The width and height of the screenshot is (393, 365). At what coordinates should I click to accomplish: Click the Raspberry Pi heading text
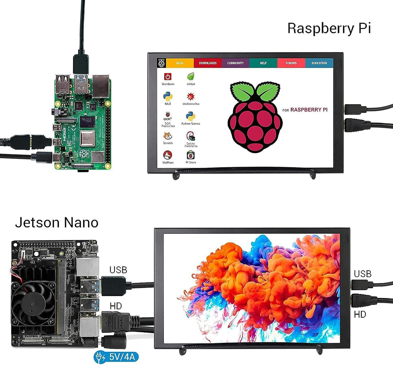coord(329,28)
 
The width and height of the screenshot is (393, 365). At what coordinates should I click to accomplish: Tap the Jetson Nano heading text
coord(56,222)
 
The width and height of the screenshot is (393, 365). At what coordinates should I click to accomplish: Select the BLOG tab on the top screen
coord(180,63)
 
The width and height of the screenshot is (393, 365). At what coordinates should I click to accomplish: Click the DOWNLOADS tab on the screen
coord(208,63)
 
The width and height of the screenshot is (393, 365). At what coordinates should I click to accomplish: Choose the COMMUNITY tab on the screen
coord(235,63)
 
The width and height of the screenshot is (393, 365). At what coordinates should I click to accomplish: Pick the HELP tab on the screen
coord(263,63)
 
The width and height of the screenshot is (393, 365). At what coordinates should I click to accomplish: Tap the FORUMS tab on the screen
coord(291,63)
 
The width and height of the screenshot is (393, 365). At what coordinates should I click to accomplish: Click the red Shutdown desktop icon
coord(168,77)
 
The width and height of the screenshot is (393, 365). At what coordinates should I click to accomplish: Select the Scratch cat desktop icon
coord(168,136)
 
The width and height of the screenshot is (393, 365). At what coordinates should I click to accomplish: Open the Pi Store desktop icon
coord(190,155)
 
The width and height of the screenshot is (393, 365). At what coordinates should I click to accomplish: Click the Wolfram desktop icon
coord(168,155)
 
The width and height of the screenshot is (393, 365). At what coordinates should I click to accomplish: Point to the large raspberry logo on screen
coord(255,116)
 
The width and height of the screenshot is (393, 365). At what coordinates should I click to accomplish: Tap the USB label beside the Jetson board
coord(118,270)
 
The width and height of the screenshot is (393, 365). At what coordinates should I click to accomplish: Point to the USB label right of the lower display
coord(362,273)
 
